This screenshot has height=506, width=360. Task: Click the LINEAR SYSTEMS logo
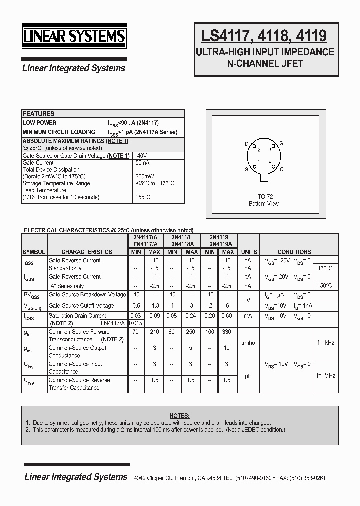tap(74, 37)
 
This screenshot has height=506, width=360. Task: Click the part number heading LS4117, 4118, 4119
tap(264, 36)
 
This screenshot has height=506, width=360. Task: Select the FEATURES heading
tap(38, 114)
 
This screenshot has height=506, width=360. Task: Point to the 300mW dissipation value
tap(144, 176)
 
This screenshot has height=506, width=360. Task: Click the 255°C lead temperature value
tap(143, 197)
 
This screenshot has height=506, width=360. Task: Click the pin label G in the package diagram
tap(281, 143)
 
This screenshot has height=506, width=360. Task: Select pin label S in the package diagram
tap(246, 169)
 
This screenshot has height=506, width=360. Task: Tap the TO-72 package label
tap(264, 196)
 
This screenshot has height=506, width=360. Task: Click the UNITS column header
tap(249, 252)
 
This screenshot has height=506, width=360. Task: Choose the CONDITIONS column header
tap(294, 252)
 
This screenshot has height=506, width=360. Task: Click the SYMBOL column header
tap(34, 252)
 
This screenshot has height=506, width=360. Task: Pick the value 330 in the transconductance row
tap(227, 331)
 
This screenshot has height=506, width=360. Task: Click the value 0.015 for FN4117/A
tap(135, 323)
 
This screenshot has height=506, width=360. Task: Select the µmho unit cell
tap(248, 343)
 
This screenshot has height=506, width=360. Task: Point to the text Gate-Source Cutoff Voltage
tap(81, 305)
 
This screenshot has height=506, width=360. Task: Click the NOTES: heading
tap(179, 415)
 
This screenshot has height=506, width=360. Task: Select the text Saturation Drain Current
tap(77, 315)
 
